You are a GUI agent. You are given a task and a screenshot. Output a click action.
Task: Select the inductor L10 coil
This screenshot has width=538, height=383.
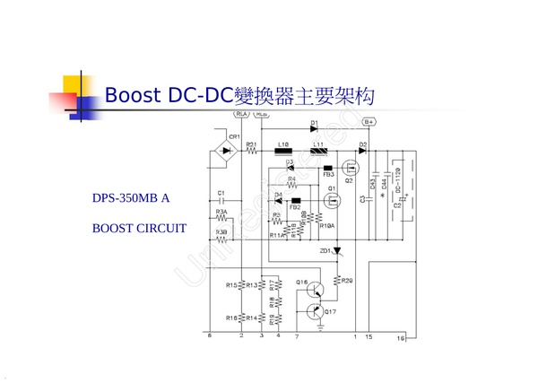tap(284, 152)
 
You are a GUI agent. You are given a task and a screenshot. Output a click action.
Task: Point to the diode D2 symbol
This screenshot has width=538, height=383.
tap(363, 152)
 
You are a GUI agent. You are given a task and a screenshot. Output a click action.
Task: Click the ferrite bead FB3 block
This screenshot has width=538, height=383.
tap(328, 168)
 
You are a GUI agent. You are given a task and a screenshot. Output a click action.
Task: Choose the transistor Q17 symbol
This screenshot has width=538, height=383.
tap(315, 311)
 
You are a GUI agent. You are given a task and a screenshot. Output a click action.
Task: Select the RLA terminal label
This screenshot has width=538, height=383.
tap(240, 115)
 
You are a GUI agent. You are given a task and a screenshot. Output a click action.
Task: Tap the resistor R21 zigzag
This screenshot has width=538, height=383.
tap(251, 152)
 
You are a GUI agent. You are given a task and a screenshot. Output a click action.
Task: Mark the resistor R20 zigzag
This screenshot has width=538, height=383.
tap(337, 280)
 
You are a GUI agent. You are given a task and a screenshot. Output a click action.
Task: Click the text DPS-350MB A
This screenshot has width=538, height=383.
tap(131, 197)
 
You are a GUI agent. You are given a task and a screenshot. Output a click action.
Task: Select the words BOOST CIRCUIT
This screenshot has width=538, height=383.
tap(139, 229)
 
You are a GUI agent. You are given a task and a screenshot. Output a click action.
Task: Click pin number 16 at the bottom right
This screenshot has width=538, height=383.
tap(401, 337)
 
